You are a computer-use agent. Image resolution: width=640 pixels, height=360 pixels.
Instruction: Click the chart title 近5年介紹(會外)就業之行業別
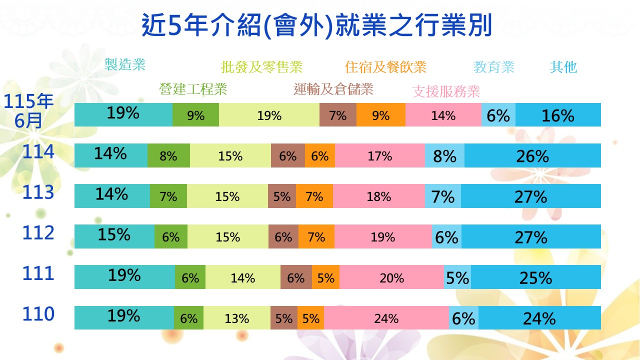(316, 25)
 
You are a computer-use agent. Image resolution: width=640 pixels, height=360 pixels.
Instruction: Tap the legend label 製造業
(125, 64)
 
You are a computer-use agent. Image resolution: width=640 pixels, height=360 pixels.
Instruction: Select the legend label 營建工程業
(193, 89)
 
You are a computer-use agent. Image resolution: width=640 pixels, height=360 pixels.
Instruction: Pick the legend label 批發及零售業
(261, 67)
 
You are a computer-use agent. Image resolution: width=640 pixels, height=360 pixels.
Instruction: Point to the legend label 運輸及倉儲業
(333, 89)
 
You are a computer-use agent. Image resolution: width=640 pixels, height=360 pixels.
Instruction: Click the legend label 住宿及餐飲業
(385, 67)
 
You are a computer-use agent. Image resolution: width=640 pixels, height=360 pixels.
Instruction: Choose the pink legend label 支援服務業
(446, 91)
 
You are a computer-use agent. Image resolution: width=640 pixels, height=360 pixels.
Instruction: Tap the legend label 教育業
(494, 67)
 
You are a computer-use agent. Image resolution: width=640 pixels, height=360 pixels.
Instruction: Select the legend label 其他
(563, 67)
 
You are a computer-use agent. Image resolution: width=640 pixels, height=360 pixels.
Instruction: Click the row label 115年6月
(28, 111)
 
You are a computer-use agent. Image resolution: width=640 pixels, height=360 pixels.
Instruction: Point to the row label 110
(38, 314)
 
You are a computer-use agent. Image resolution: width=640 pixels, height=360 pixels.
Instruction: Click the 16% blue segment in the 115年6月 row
(558, 115)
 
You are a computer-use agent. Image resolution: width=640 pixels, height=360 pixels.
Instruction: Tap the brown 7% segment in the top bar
(338, 115)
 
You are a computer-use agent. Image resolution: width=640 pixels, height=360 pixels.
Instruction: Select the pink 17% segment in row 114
(380, 155)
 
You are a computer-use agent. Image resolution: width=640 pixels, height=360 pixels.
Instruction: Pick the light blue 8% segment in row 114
(445, 155)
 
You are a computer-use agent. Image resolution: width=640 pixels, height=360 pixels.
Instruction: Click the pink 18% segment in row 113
(379, 196)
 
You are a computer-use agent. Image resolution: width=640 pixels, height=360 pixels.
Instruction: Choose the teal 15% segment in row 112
(114, 236)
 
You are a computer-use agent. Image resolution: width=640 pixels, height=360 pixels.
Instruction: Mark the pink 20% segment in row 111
(392, 277)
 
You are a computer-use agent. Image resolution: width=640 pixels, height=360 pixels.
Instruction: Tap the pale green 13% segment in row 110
(237, 317)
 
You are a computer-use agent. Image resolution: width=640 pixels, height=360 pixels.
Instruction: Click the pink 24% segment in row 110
(386, 317)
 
